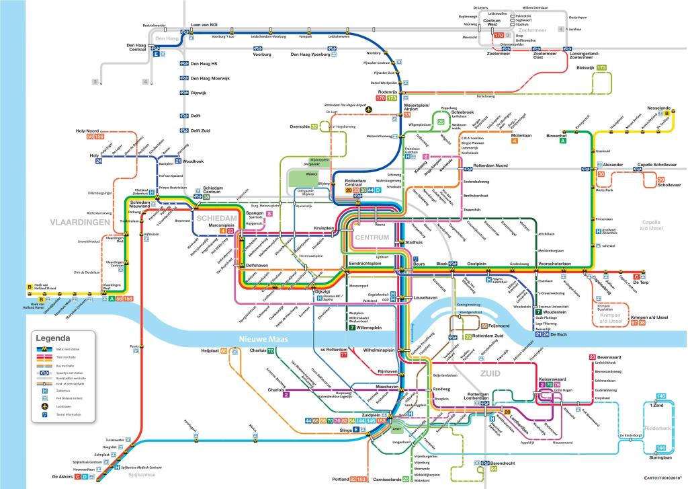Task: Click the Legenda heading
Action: pyautogui.click(x=53, y=338)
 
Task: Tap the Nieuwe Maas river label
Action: pyautogui.click(x=264, y=340)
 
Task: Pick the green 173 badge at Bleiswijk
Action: pyautogui.click(x=601, y=68)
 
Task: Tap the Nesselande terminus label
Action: pyautogui.click(x=658, y=108)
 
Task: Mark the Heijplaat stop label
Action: pyautogui.click(x=210, y=351)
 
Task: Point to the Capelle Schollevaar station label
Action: pyautogui.click(x=658, y=165)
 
